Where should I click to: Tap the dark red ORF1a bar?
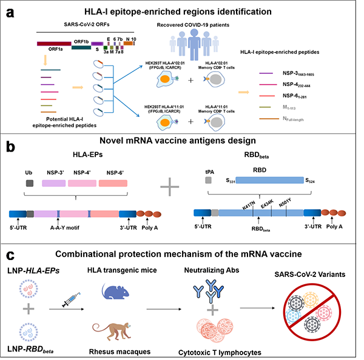55,44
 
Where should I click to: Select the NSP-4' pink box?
87,183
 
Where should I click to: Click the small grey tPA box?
209,181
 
